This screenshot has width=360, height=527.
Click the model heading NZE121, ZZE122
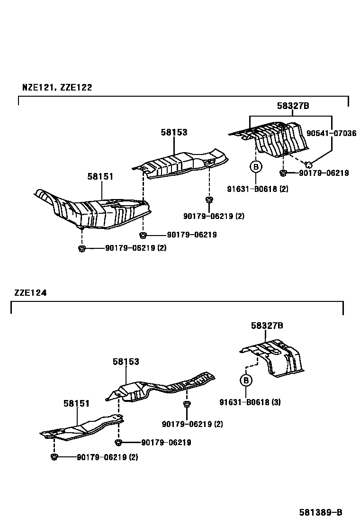point(57,87)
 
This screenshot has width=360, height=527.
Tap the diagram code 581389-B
point(320,512)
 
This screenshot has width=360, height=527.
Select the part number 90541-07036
point(331,133)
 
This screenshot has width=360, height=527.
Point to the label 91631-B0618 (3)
point(250,402)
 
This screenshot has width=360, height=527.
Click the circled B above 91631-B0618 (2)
point(255,167)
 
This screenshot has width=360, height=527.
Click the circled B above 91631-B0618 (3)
point(246,380)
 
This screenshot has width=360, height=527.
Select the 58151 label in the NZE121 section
point(100,176)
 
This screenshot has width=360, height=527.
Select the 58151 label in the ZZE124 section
point(76,403)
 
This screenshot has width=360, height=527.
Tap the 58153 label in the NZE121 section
point(173,132)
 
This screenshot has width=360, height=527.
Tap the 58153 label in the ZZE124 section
point(126,362)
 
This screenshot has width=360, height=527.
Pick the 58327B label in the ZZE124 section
point(267,326)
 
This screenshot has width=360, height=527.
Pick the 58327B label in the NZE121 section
point(293,106)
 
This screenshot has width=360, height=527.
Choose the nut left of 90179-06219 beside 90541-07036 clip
point(283,173)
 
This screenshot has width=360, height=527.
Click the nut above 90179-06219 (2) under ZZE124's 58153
point(187,404)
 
